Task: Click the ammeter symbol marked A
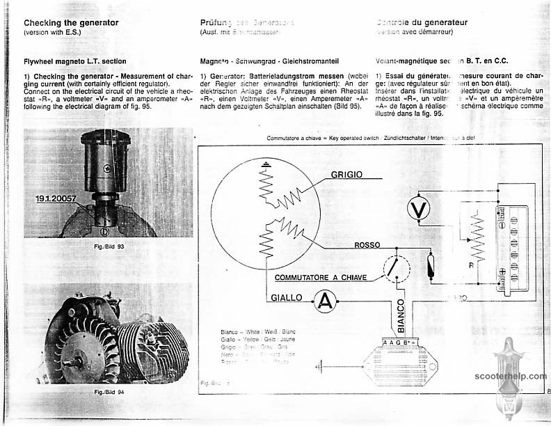click(x=323, y=300)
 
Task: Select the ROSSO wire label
click(x=366, y=245)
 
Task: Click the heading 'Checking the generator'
click(x=71, y=22)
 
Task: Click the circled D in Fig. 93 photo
click(x=103, y=230)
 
